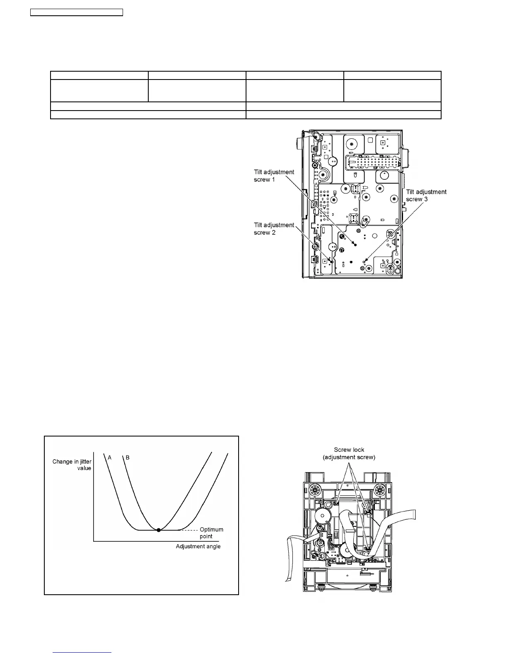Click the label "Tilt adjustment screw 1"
(x=274, y=176)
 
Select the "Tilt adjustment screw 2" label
(x=274, y=229)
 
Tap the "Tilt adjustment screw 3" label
(x=426, y=195)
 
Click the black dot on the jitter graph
(x=159, y=530)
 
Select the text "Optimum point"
(x=212, y=533)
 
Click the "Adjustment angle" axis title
(x=198, y=546)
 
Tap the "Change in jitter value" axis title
(x=72, y=465)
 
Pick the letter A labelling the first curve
(x=110, y=458)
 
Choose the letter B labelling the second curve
(x=128, y=458)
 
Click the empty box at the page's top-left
(x=77, y=12)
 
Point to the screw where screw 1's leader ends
(x=355, y=245)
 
